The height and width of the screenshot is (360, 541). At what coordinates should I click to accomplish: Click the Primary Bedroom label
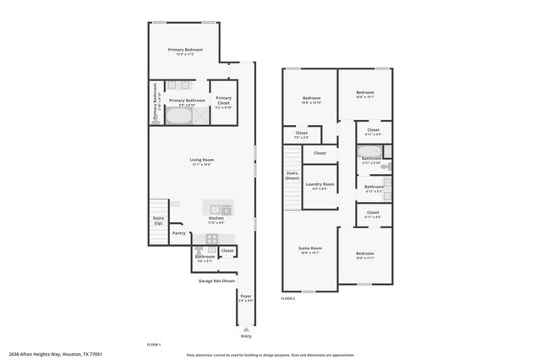184,51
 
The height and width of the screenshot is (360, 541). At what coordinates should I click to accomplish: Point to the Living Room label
201,160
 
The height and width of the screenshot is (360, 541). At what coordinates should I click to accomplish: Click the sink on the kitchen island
216,209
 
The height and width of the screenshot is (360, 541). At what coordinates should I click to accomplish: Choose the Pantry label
178,233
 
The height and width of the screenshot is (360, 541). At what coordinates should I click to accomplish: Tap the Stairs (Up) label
158,220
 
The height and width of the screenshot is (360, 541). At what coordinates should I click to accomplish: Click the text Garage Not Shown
216,280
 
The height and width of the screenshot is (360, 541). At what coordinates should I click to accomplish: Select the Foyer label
246,296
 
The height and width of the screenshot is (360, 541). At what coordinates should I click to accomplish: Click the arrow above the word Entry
246,328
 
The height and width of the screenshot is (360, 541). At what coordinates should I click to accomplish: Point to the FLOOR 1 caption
154,345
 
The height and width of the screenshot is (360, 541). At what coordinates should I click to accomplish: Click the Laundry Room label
320,184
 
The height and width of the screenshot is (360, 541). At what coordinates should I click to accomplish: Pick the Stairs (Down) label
292,176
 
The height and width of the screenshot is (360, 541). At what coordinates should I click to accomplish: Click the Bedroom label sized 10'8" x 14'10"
311,99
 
